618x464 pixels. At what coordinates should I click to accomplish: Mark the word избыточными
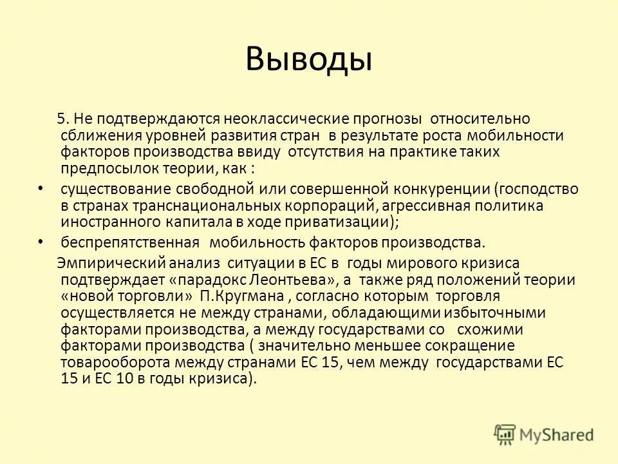(502, 313)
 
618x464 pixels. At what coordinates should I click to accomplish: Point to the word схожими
(488, 329)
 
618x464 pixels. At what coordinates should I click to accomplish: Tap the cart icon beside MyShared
(506, 434)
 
